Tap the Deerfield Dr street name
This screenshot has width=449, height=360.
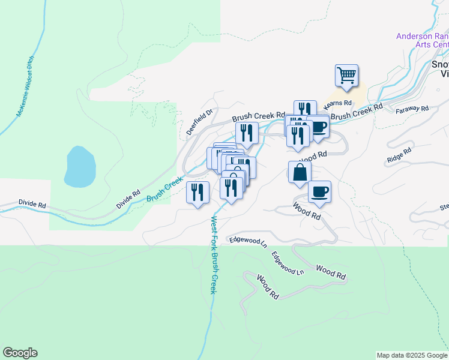tap(200, 122)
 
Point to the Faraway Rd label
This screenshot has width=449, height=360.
tap(412, 109)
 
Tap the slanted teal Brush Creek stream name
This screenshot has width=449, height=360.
tap(164, 188)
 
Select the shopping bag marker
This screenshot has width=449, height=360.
tap(300, 172)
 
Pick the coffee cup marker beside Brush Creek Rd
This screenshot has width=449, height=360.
tap(319, 127)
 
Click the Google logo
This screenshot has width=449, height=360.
tap(20, 353)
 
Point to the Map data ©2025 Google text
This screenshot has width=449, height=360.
tap(411, 355)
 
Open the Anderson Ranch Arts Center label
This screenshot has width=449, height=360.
tap(423, 40)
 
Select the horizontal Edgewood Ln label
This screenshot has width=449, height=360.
tap(248, 241)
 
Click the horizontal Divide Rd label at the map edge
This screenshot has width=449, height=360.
tap(32, 205)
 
